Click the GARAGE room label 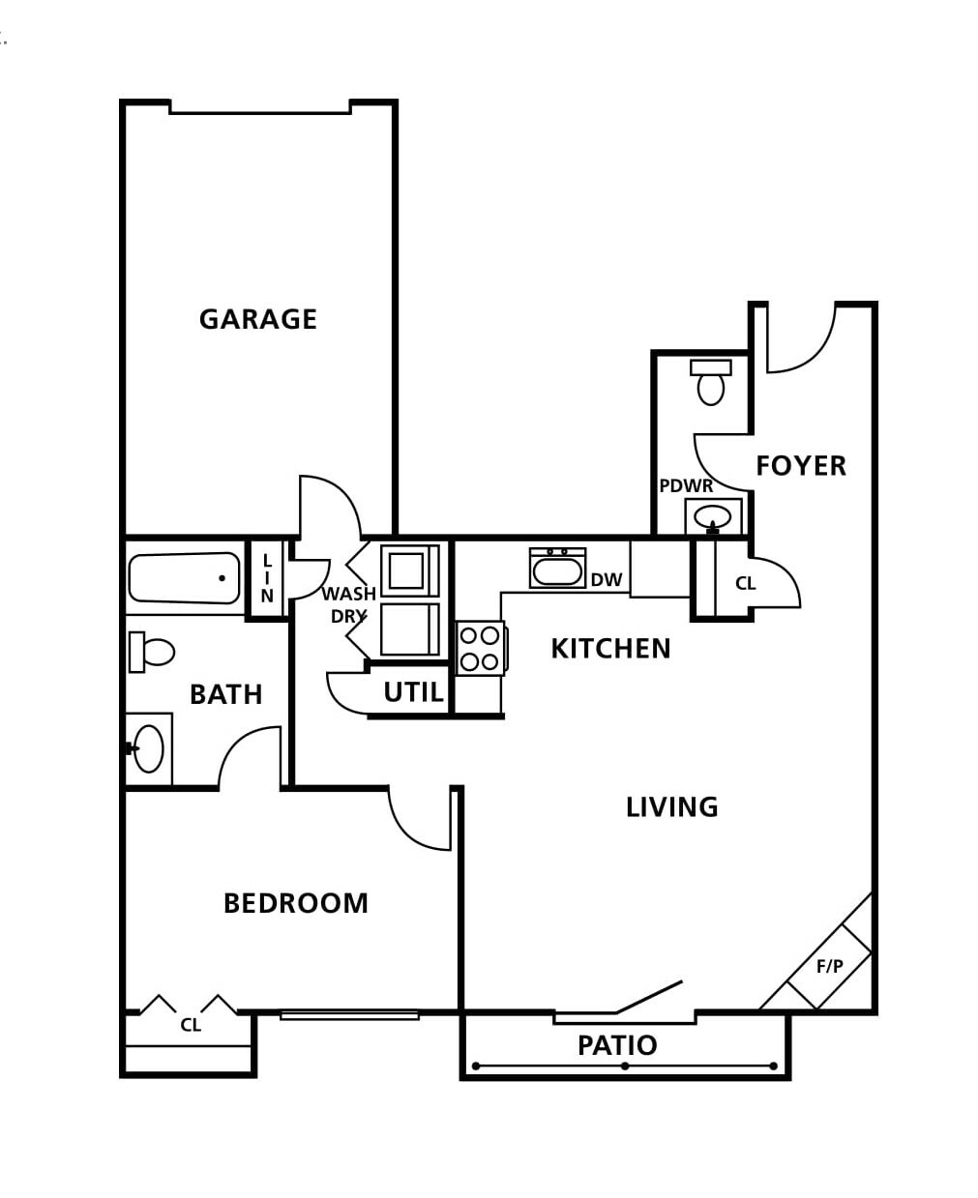click(257, 319)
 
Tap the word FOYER click(800, 466)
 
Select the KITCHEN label click(610, 649)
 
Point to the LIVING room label click(671, 807)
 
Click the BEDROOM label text click(295, 903)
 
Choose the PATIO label click(617, 1045)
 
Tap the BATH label click(225, 694)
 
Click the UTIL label click(413, 692)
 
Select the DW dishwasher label click(607, 580)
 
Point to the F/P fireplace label click(830, 966)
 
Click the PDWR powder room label click(686, 485)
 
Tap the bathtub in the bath click(184, 577)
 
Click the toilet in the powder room click(710, 382)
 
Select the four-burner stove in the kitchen click(481, 648)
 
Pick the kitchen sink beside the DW click(557, 568)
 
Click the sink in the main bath click(148, 749)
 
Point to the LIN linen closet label click(267, 578)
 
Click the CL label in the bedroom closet click(191, 1025)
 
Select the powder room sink click(713, 517)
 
